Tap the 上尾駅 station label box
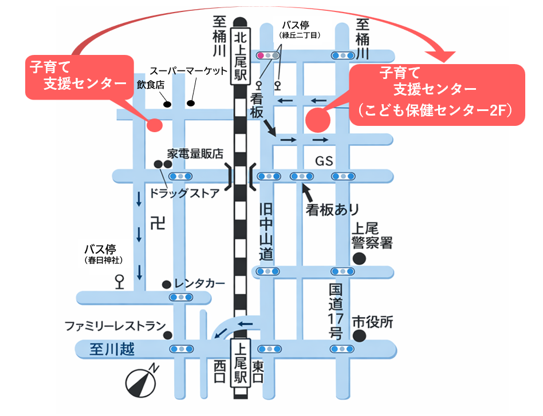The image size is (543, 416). point(240,363)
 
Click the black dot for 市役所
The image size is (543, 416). point(359,335)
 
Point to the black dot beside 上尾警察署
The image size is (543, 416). point(359,259)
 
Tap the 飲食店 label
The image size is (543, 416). point(151,85)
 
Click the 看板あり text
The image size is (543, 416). point(332,209)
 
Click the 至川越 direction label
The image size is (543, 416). point(112,349)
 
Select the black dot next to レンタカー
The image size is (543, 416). point(166,284)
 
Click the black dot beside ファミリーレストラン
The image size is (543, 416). point(168,335)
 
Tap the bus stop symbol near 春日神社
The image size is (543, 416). point(120,281)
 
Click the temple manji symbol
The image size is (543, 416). point(156,223)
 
